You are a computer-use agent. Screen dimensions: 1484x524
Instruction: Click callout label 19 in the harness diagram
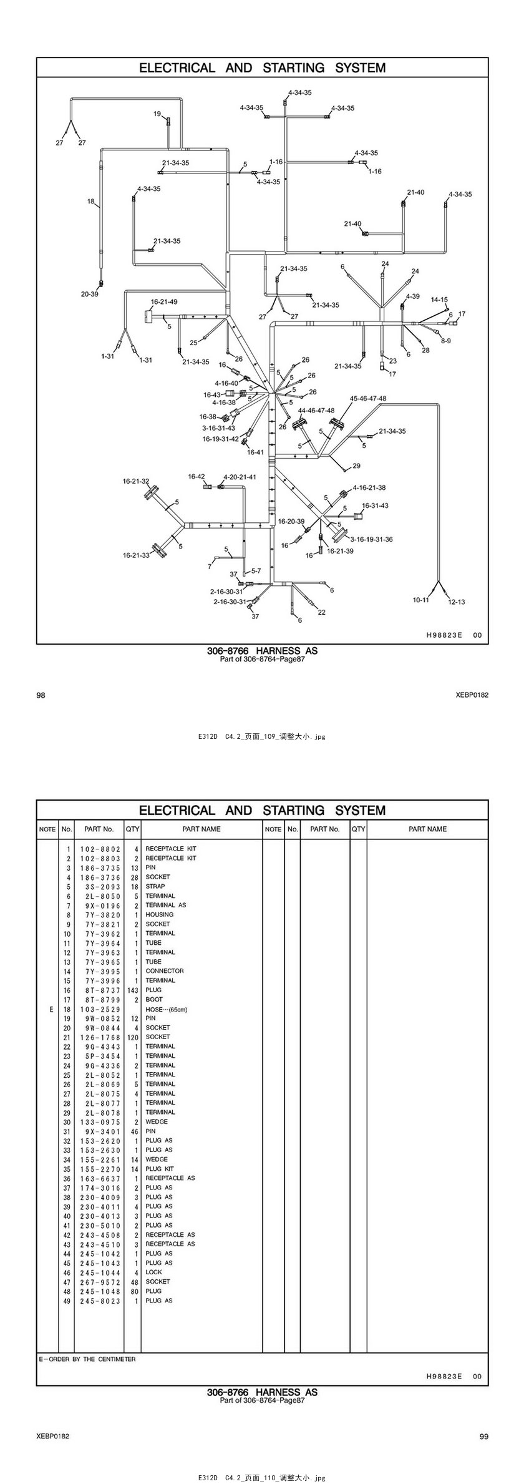click(157, 114)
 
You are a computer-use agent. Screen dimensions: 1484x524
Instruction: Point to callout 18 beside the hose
click(91, 202)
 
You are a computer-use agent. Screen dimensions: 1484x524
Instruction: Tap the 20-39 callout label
click(89, 294)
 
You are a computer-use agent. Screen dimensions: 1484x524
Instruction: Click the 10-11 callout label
click(420, 600)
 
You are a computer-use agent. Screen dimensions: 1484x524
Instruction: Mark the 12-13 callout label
click(457, 602)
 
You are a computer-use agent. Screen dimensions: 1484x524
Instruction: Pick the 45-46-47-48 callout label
click(367, 398)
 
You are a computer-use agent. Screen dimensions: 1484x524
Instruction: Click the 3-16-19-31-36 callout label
click(371, 539)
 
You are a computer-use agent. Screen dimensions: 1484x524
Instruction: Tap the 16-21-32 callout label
click(136, 481)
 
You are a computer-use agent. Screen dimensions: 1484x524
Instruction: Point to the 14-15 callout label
click(439, 300)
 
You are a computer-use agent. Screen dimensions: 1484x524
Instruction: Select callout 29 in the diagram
click(356, 466)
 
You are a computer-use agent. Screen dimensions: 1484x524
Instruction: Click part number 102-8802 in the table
click(100, 849)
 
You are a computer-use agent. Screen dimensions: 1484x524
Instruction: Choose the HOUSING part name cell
click(160, 914)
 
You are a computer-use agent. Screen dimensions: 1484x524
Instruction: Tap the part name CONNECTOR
click(165, 971)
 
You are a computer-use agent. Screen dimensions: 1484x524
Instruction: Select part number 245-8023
click(100, 1301)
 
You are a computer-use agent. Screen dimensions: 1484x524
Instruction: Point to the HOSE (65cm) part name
click(166, 1009)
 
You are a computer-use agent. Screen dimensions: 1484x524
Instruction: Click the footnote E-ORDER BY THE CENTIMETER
click(87, 1359)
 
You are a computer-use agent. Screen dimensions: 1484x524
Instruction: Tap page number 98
click(41, 695)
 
